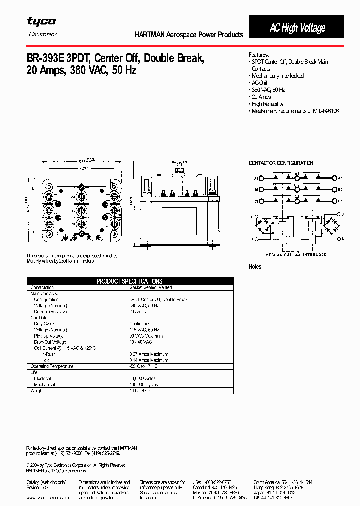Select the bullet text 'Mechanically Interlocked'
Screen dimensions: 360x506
(x=278, y=76)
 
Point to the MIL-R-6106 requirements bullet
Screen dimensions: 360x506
(x=295, y=111)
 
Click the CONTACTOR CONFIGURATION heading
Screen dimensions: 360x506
(x=281, y=163)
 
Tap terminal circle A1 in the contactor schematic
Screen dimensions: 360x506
(x=259, y=178)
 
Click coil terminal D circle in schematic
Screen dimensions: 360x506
(x=338, y=239)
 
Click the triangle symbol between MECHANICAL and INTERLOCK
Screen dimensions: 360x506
(x=298, y=254)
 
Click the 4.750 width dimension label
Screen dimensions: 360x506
(x=84, y=169)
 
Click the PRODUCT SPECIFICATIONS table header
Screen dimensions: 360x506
(x=129, y=281)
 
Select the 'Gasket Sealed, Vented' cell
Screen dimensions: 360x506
(x=151, y=287)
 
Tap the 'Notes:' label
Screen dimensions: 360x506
(x=255, y=267)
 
